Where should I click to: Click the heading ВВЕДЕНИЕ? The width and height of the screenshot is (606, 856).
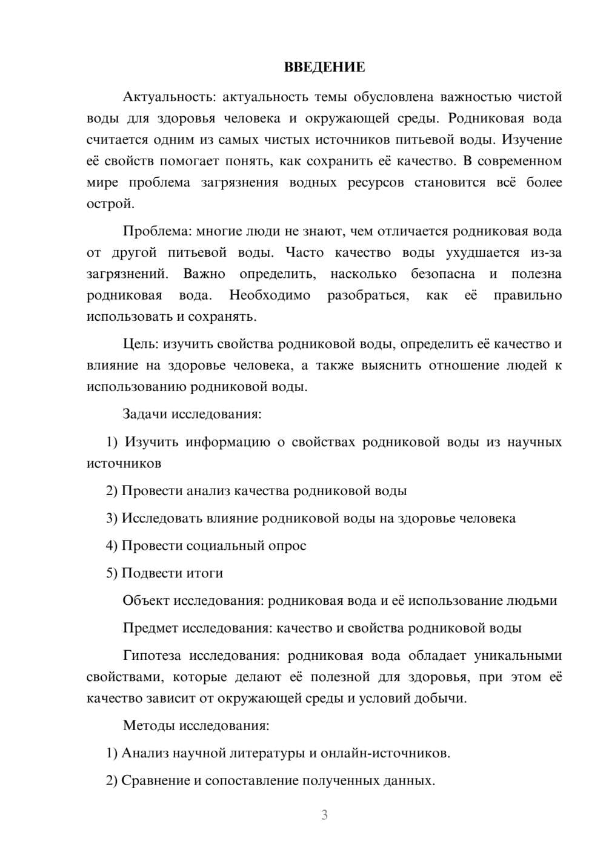tap(324, 67)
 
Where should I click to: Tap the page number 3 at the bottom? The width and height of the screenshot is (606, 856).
tap(324, 815)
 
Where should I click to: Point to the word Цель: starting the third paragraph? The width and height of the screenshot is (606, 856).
tap(141, 344)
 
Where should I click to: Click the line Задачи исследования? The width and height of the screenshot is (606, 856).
tap(191, 415)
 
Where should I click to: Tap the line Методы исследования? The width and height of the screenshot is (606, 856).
tap(196, 725)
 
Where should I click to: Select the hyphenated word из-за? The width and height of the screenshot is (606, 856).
tap(548, 252)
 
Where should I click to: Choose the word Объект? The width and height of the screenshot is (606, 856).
tap(145, 601)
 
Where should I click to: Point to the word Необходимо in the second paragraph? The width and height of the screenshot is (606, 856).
tap(270, 295)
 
